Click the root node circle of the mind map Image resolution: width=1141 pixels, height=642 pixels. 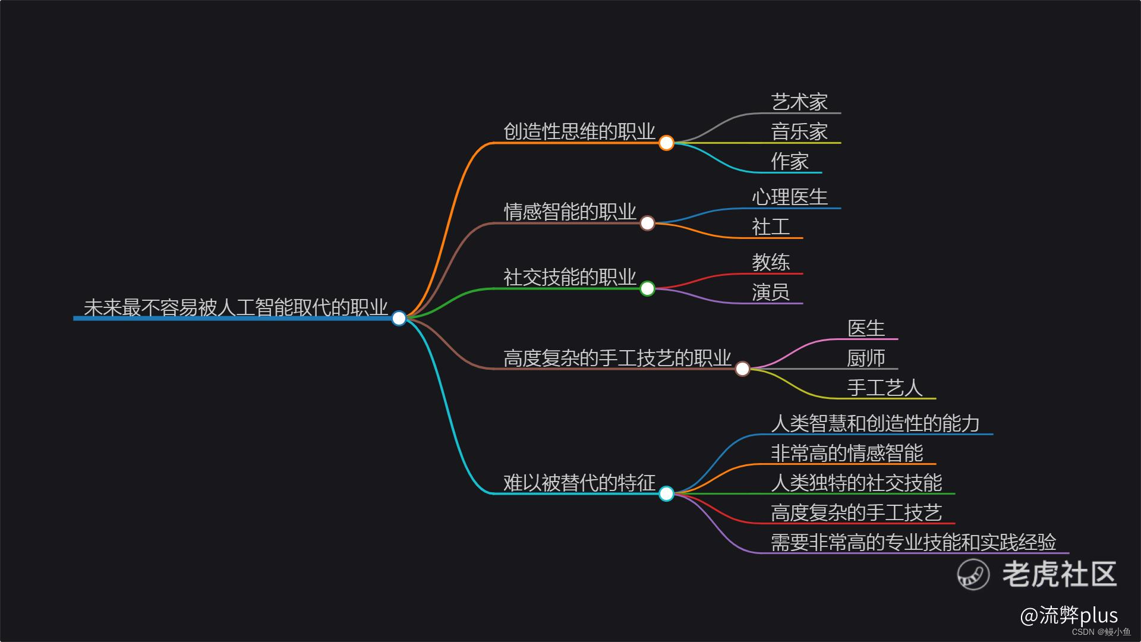[399, 318]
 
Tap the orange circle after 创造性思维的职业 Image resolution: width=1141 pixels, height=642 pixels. [666, 143]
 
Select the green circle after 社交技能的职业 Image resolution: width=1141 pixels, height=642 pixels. [647, 288]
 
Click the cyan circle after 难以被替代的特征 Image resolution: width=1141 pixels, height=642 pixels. [666, 493]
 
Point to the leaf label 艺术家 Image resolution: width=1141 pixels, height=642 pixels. [799, 102]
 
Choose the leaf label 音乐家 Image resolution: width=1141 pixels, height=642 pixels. [799, 132]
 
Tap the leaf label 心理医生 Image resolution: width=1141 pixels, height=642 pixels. [790, 197]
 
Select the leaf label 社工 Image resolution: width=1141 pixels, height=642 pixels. [771, 227]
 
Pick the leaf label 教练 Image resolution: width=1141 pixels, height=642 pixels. [771, 263]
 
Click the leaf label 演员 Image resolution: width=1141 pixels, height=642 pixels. [771, 292]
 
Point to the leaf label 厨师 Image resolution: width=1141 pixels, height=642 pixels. [866, 358]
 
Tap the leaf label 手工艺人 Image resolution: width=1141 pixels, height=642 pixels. [885, 388]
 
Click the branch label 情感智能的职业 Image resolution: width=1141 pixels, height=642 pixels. [570, 212]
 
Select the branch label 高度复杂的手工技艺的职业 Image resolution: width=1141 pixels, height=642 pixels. [617, 358]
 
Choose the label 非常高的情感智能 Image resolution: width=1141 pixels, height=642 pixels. [847, 453]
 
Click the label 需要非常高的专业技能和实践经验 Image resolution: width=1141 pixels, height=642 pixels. [913, 542]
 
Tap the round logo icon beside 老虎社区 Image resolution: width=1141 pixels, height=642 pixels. [973, 574]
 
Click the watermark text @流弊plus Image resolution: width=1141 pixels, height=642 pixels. [1068, 616]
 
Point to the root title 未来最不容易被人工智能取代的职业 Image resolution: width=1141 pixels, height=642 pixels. [235, 307]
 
